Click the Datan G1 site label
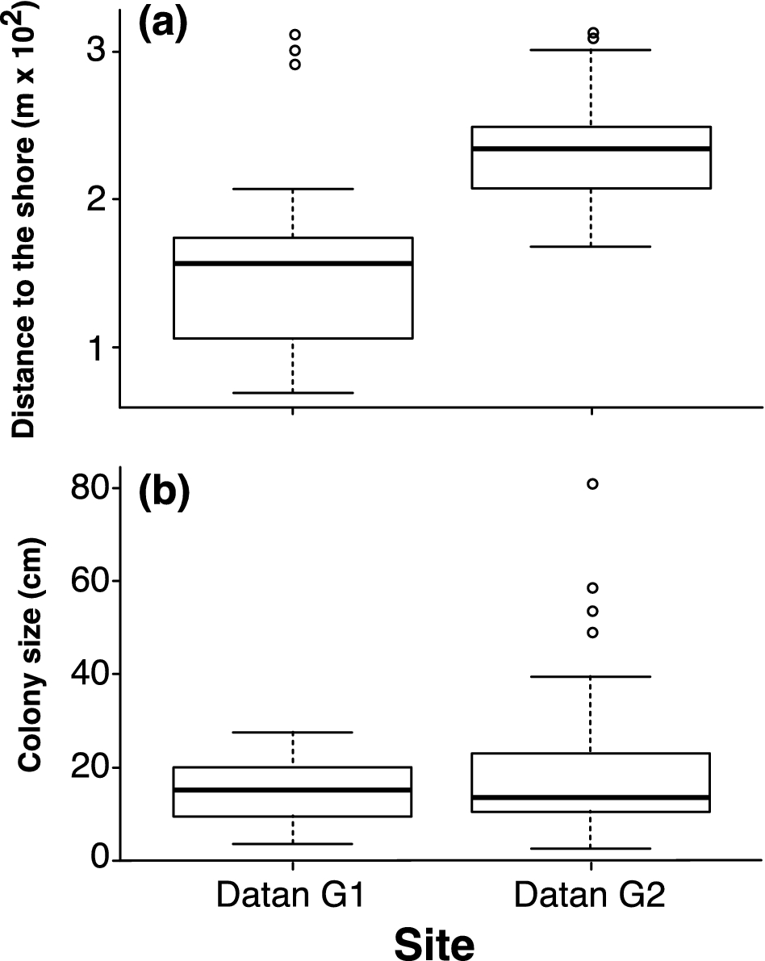click(291, 896)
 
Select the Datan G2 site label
click(591, 896)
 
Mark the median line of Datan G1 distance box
click(293, 263)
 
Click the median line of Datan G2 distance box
click(591, 148)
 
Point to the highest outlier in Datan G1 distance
click(295, 35)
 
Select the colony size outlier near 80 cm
click(592, 483)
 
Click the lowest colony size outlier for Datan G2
click(592, 633)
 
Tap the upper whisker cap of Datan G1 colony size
click(292, 732)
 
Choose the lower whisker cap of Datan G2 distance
click(591, 246)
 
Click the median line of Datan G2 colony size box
click(591, 797)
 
